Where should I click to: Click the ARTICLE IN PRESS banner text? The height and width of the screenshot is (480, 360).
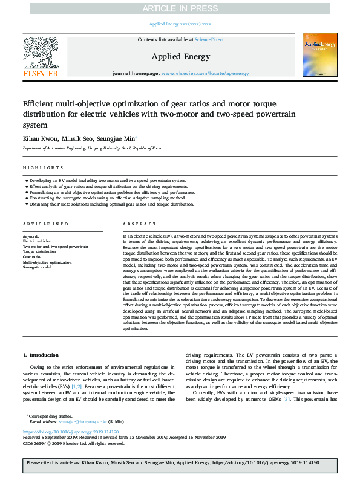(x=180, y=8)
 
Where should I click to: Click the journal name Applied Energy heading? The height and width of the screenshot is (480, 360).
(x=180, y=57)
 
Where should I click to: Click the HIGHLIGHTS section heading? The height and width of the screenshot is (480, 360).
(x=43, y=167)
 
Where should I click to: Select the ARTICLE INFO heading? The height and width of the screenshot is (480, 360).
(x=45, y=224)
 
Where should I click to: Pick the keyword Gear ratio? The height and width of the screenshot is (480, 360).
(x=31, y=257)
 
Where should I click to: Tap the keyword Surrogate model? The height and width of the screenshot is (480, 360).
(x=36, y=267)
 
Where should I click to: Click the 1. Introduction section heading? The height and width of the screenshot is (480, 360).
(x=41, y=355)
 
